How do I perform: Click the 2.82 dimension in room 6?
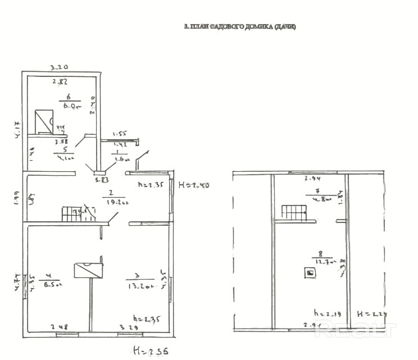(60, 82)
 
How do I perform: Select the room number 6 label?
(69, 97)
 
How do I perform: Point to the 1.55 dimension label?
(120, 134)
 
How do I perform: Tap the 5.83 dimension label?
(102, 180)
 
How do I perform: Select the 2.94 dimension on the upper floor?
(312, 180)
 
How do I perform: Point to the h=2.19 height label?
(325, 312)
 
